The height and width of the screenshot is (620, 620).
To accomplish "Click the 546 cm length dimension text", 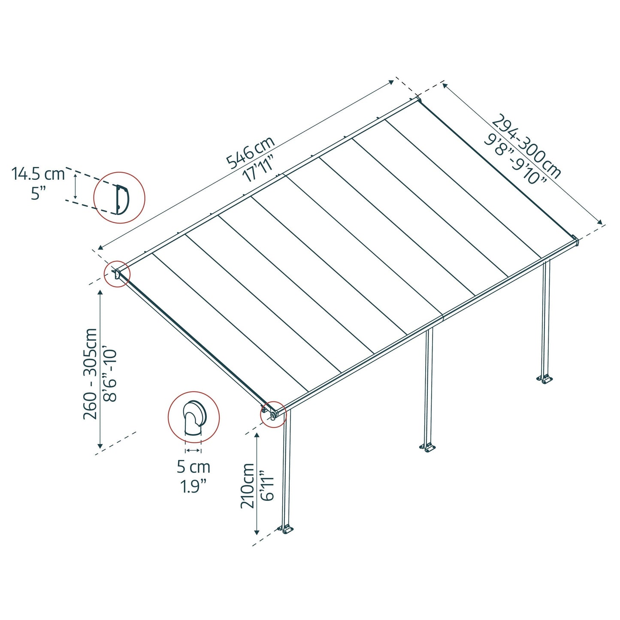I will point(250,153).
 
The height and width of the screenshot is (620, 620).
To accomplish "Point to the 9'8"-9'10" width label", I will point(515,160).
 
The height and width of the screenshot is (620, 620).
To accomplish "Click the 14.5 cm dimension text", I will point(38,174).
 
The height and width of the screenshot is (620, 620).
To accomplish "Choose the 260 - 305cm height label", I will point(91,373).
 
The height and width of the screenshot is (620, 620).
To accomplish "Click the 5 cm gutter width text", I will point(194,467).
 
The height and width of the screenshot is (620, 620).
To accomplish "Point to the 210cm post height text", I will point(248,485).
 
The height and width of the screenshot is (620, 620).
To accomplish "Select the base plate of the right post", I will point(544,379).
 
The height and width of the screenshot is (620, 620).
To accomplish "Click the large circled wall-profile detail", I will point(119,197).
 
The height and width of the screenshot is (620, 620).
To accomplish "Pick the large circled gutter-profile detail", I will point(194,417).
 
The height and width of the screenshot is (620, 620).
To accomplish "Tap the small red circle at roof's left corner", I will point(117,274).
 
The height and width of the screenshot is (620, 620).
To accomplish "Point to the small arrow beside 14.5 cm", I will point(76,185).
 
